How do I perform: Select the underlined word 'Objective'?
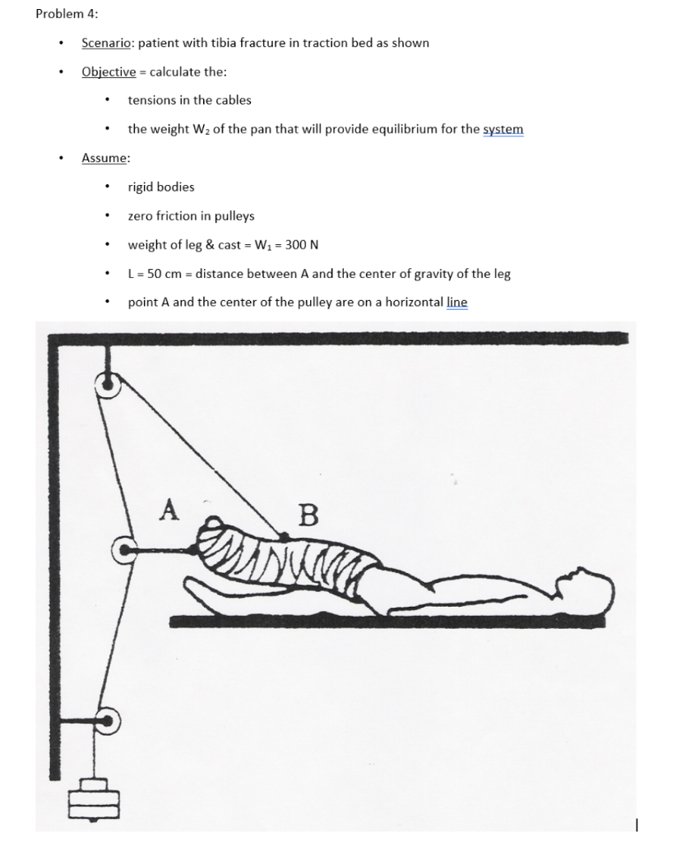tap(109, 72)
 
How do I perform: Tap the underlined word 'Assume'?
tap(104, 158)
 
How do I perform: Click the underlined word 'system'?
tap(503, 130)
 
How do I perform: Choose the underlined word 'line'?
tap(456, 303)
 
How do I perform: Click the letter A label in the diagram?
tap(169, 510)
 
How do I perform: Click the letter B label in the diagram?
tap(307, 516)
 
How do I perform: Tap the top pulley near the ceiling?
tap(108, 383)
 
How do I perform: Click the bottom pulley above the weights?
tap(109, 721)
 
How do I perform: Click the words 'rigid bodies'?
tap(161, 187)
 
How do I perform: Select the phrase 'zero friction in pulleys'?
tap(191, 216)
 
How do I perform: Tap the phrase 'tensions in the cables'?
tap(189, 100)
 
